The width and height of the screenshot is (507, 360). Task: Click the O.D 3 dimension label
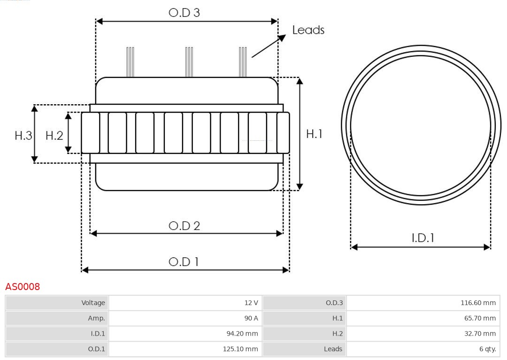184,13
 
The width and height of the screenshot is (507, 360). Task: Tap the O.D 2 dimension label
184,226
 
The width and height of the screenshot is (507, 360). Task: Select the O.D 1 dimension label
184,262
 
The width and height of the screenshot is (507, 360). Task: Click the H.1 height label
314,134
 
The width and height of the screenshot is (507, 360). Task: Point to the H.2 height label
54,136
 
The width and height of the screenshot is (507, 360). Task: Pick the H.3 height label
23,136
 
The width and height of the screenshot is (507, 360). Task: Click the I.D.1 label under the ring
422,238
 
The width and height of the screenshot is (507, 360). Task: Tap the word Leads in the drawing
308,30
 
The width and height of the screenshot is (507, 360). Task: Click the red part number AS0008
23,286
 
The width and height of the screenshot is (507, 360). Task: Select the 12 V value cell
185,303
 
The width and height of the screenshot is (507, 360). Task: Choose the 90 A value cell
185,318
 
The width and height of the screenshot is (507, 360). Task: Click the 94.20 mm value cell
185,333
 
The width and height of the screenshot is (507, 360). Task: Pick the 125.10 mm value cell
185,349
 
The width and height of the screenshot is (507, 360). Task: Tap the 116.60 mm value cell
422,303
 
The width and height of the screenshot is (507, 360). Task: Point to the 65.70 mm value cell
422,318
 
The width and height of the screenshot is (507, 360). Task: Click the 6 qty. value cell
422,349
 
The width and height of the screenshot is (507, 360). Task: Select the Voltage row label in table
57,303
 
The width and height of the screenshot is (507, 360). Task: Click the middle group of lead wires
189,62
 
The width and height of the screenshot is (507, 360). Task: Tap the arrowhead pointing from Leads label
282,38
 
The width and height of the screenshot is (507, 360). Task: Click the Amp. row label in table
57,318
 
